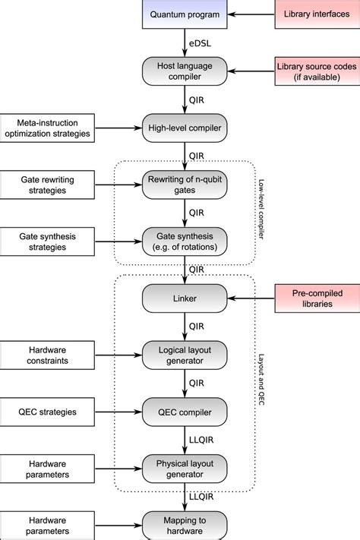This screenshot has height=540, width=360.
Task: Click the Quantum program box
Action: coord(184,14)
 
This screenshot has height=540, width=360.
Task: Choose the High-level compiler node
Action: coord(184,128)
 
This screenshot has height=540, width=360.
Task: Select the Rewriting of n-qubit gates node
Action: coord(184,185)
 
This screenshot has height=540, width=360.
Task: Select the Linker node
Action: coord(184,298)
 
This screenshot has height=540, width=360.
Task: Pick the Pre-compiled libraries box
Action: coord(314,298)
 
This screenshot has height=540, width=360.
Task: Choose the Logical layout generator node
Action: coord(184,355)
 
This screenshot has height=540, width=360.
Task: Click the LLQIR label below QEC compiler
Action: coord(201,440)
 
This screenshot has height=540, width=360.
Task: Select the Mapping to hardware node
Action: coord(184,526)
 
